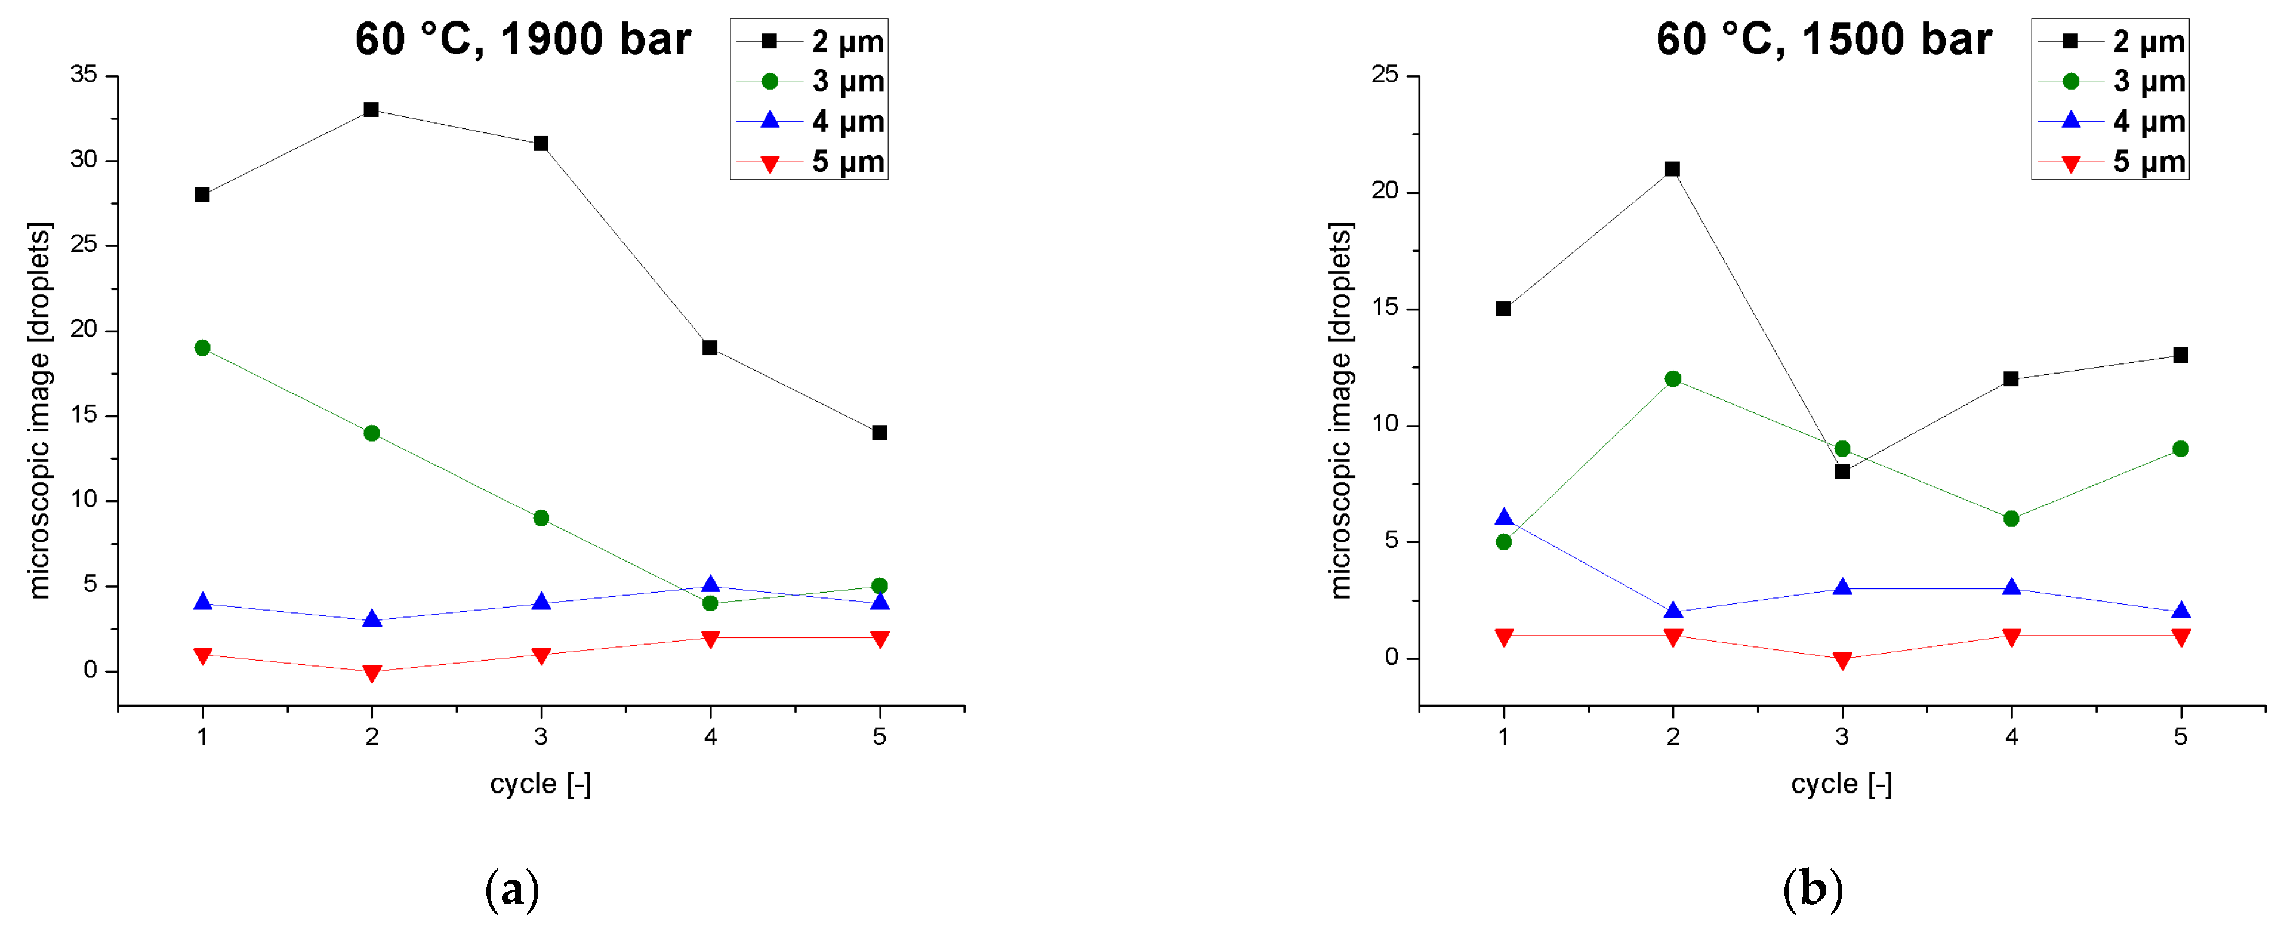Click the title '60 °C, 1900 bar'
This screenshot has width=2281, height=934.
(x=522, y=40)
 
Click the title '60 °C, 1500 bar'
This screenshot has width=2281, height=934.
(x=1823, y=40)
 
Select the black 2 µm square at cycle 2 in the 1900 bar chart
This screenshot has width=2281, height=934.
(x=371, y=110)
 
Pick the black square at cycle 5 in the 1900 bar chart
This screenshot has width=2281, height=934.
(x=879, y=433)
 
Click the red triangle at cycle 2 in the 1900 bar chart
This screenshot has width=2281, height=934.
(x=371, y=673)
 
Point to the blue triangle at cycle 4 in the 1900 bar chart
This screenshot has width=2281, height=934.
(x=710, y=584)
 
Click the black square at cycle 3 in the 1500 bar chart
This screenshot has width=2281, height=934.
(x=1842, y=472)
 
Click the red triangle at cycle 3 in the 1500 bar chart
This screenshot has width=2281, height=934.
(x=1842, y=661)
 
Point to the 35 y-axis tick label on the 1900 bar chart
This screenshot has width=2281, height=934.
(x=84, y=75)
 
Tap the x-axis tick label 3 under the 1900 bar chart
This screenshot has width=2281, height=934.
(x=541, y=736)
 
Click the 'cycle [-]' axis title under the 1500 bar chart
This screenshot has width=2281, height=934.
(x=1841, y=784)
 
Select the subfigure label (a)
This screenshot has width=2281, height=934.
(x=512, y=889)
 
